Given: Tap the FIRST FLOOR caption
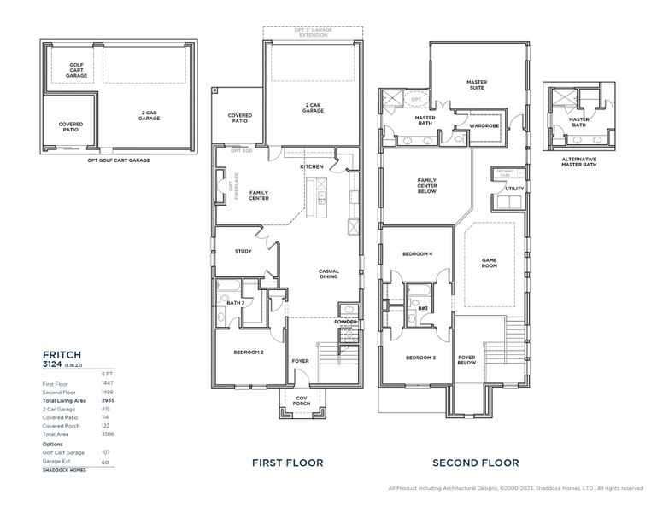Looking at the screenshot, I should tap(287, 463).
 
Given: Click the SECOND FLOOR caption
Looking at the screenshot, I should tap(475, 463).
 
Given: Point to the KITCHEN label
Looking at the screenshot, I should tap(311, 166).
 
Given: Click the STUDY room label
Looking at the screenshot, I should tap(243, 251).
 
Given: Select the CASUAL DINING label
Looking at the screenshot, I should tap(329, 274).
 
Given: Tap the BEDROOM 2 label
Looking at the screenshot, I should tap(249, 352).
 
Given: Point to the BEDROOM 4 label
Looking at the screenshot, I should tap(419, 253).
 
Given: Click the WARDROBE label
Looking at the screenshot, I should tap(484, 125).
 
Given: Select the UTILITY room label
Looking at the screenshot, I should tap(514, 189).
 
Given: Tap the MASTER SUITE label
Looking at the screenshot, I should tap(477, 85).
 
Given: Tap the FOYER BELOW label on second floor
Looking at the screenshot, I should tap(466, 359).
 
